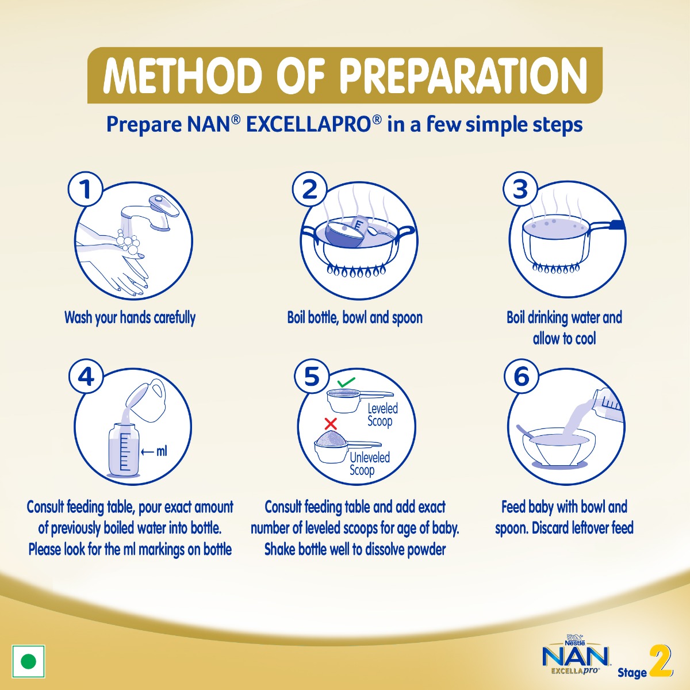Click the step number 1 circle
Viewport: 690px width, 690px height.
click(x=86, y=189)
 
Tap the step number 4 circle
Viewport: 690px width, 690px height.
click(x=86, y=377)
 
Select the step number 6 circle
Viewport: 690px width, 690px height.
click(x=521, y=377)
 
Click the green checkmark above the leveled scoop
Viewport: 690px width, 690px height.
click(x=346, y=382)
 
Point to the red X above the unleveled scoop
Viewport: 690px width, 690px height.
click(x=331, y=424)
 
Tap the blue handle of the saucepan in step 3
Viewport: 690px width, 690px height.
click(x=616, y=225)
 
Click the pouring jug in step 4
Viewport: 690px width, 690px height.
click(x=147, y=400)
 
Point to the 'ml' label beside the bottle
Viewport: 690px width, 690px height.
click(x=162, y=451)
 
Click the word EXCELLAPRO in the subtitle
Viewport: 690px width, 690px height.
click(x=308, y=124)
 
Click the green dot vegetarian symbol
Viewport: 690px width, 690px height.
click(x=28, y=661)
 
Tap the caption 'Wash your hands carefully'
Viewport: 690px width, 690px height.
click(x=130, y=317)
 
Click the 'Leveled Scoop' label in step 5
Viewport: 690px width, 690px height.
click(x=382, y=415)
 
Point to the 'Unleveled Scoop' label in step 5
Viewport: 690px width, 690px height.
click(x=369, y=463)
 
